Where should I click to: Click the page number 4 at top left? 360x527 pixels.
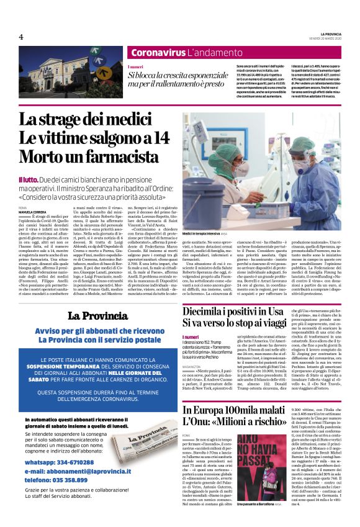point(21,37)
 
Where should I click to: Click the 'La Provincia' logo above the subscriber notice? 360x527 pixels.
point(91,315)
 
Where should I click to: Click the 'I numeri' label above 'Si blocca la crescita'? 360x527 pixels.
point(135,66)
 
